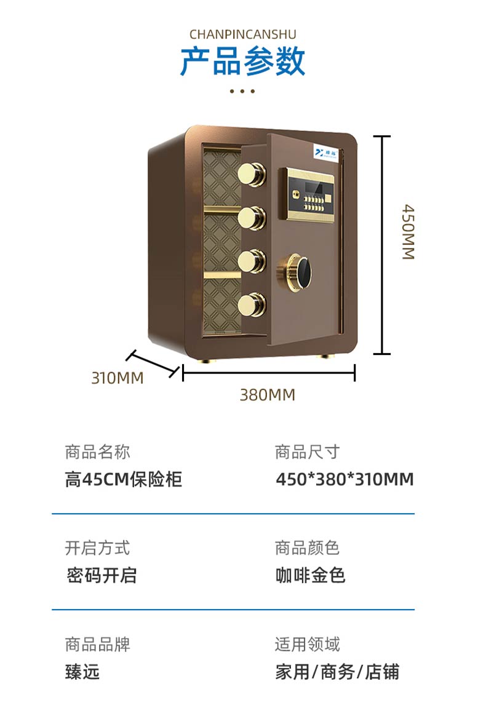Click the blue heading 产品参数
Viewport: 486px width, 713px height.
(x=242, y=62)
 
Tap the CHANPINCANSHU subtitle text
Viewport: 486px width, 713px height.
(x=242, y=34)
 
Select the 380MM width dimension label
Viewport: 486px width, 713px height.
(x=268, y=395)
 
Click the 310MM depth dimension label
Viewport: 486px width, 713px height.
(x=118, y=378)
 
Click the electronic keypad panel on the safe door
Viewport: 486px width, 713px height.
(x=309, y=193)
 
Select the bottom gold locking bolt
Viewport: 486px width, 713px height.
(x=253, y=303)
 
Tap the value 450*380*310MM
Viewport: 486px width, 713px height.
(x=345, y=479)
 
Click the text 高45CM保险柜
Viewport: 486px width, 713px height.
(x=124, y=479)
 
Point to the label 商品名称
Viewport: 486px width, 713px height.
(x=97, y=452)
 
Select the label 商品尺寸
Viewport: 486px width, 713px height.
(x=307, y=452)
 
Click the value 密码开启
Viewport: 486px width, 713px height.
(x=102, y=576)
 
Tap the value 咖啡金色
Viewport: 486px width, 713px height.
(x=311, y=576)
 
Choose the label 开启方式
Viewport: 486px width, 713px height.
(x=97, y=548)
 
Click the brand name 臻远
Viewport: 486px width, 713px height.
(x=82, y=672)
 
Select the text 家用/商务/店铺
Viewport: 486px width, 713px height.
(x=337, y=672)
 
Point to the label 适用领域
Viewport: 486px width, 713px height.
(x=307, y=644)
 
